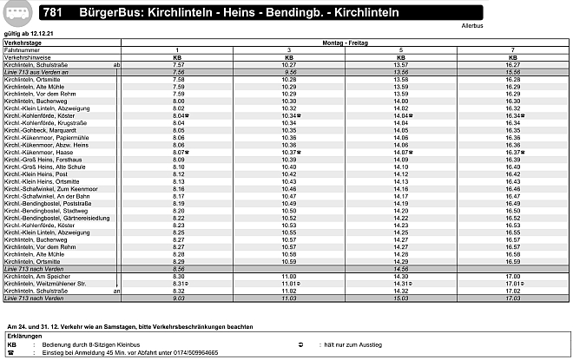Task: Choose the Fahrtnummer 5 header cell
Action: [x=400, y=49]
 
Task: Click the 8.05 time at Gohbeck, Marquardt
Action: [x=178, y=129]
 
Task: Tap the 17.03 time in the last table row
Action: [x=512, y=298]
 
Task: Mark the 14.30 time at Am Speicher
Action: [x=400, y=276]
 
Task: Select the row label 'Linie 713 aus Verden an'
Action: [x=36, y=72]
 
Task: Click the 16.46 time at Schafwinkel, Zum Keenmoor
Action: [x=512, y=188]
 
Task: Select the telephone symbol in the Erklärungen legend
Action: [x=11, y=353]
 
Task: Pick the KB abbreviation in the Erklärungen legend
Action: [x=11, y=344]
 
